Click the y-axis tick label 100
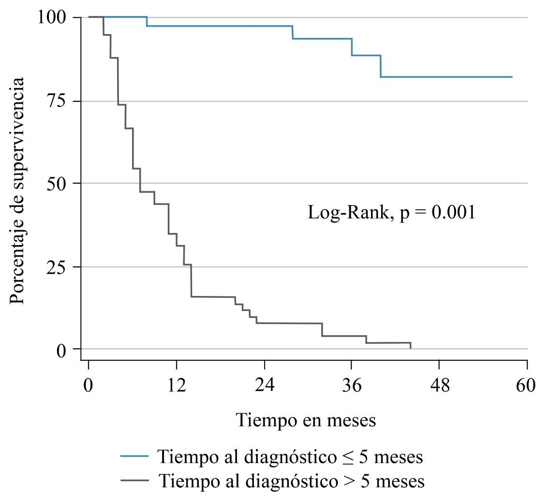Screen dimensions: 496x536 click(x=54, y=18)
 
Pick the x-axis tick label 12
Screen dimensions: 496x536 click(x=176, y=386)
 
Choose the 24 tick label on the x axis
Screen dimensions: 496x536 click(x=264, y=386)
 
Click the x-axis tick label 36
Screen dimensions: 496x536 click(x=352, y=386)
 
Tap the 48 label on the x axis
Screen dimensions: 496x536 click(x=439, y=386)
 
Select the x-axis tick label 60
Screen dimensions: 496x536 click(x=526, y=386)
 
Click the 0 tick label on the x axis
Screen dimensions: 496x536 click(x=89, y=386)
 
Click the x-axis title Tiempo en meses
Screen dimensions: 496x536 click(x=306, y=420)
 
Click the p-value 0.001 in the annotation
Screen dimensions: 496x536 click(x=453, y=213)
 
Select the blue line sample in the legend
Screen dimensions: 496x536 click(x=135, y=456)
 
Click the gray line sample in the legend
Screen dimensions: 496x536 click(x=135, y=481)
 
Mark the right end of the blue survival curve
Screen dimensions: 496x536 click(x=511, y=77)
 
